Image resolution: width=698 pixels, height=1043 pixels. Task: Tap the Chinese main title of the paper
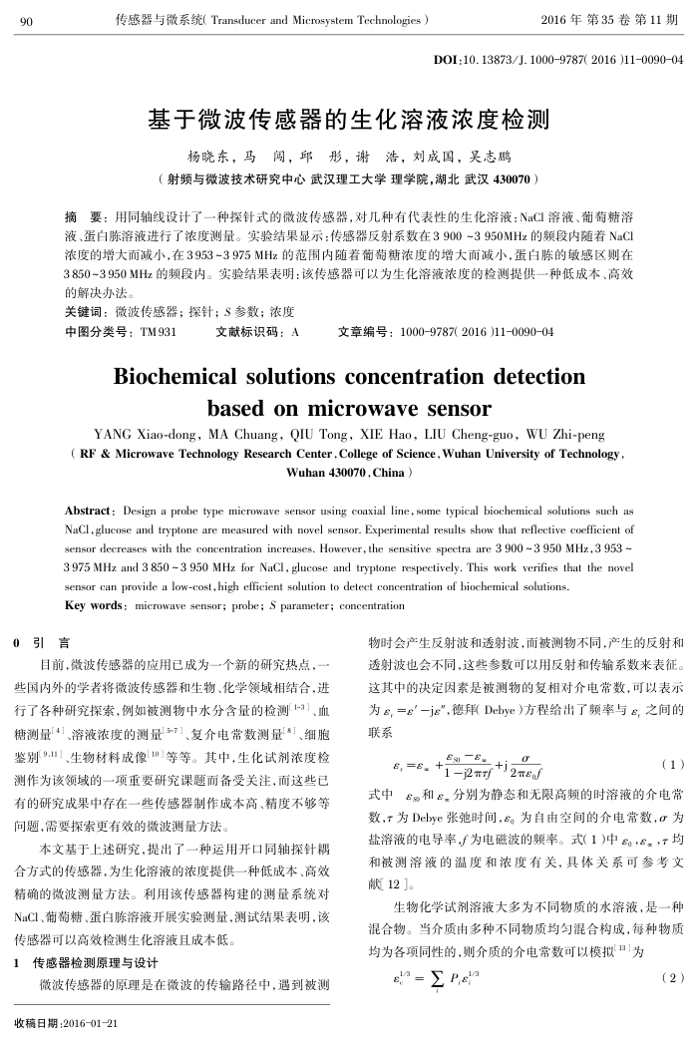pos(348,121)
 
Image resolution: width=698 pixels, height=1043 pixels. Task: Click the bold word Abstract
pos(88,510)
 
